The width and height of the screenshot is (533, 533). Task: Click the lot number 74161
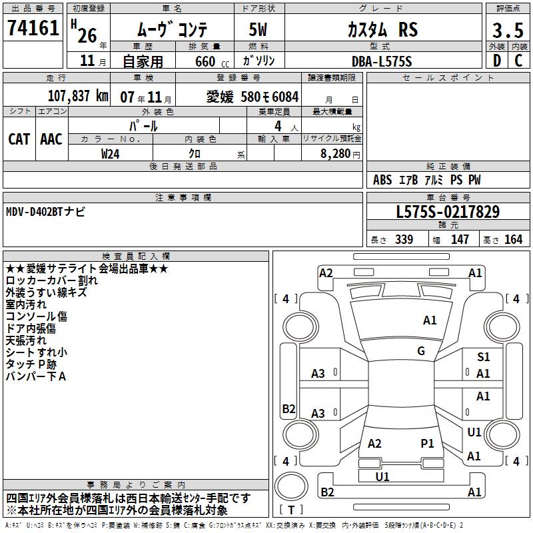pyautogui.click(x=33, y=29)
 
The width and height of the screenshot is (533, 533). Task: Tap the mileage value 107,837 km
pyautogui.click(x=78, y=97)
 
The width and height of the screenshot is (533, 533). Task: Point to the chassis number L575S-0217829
pyautogui.click(x=447, y=213)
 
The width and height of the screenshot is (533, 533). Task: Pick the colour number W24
pyautogui.click(x=110, y=154)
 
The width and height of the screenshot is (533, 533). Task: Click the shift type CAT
pyautogui.click(x=19, y=139)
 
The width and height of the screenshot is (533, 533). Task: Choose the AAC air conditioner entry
pyautogui.click(x=51, y=139)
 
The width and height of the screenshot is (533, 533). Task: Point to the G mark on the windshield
pyautogui.click(x=420, y=351)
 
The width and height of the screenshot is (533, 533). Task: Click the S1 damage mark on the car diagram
pyautogui.click(x=484, y=357)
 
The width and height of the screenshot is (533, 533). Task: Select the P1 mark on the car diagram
pyautogui.click(x=427, y=443)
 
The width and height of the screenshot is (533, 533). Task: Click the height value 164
pyautogui.click(x=513, y=240)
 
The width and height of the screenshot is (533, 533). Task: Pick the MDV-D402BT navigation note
pyautogui.click(x=45, y=211)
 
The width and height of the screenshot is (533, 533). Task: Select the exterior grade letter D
pyautogui.click(x=496, y=61)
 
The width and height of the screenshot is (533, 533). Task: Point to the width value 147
pyautogui.click(x=460, y=240)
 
